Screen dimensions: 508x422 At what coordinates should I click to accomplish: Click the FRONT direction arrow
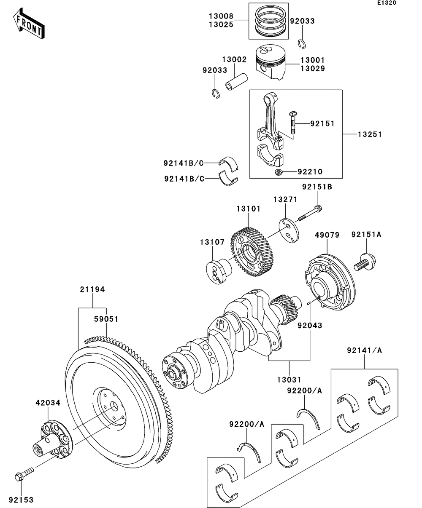[x=28, y=25]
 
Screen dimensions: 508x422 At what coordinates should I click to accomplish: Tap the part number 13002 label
[x=235, y=60]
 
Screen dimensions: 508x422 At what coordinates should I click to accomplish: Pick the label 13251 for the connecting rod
[x=370, y=135]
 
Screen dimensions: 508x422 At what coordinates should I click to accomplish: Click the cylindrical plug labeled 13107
[x=219, y=270]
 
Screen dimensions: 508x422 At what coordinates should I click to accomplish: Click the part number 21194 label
[x=92, y=289]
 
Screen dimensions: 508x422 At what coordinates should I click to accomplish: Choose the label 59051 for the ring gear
[x=106, y=319]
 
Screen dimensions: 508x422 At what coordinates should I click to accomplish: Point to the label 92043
[x=309, y=326]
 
